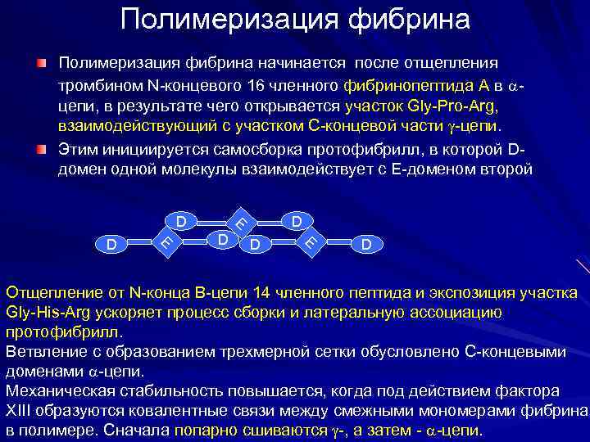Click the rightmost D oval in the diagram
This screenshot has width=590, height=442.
click(x=365, y=244)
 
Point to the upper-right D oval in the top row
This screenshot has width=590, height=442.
click(x=297, y=221)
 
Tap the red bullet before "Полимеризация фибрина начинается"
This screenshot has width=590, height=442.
click(x=41, y=63)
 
